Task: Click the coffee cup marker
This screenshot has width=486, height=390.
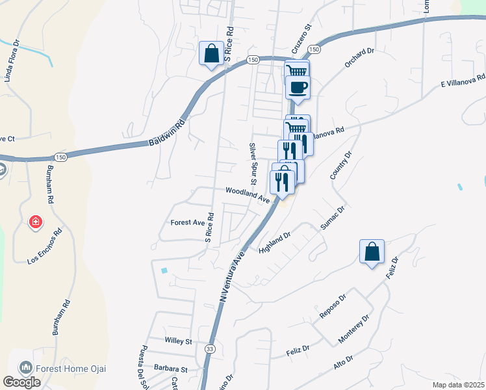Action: (298, 87)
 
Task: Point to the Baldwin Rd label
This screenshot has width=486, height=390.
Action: (167, 133)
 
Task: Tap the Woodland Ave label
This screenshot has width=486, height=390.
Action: (248, 194)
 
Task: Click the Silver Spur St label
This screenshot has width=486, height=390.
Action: (254, 164)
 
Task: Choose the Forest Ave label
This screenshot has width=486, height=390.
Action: (188, 222)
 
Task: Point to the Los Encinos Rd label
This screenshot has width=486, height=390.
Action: (45, 247)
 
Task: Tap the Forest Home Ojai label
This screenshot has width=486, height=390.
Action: (71, 369)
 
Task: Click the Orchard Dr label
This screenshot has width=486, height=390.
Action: (361, 57)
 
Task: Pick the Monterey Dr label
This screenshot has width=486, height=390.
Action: (353, 330)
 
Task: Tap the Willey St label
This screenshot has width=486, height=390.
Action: (179, 341)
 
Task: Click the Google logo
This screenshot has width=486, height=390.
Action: (22, 382)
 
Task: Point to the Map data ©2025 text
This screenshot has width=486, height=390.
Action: (458, 385)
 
